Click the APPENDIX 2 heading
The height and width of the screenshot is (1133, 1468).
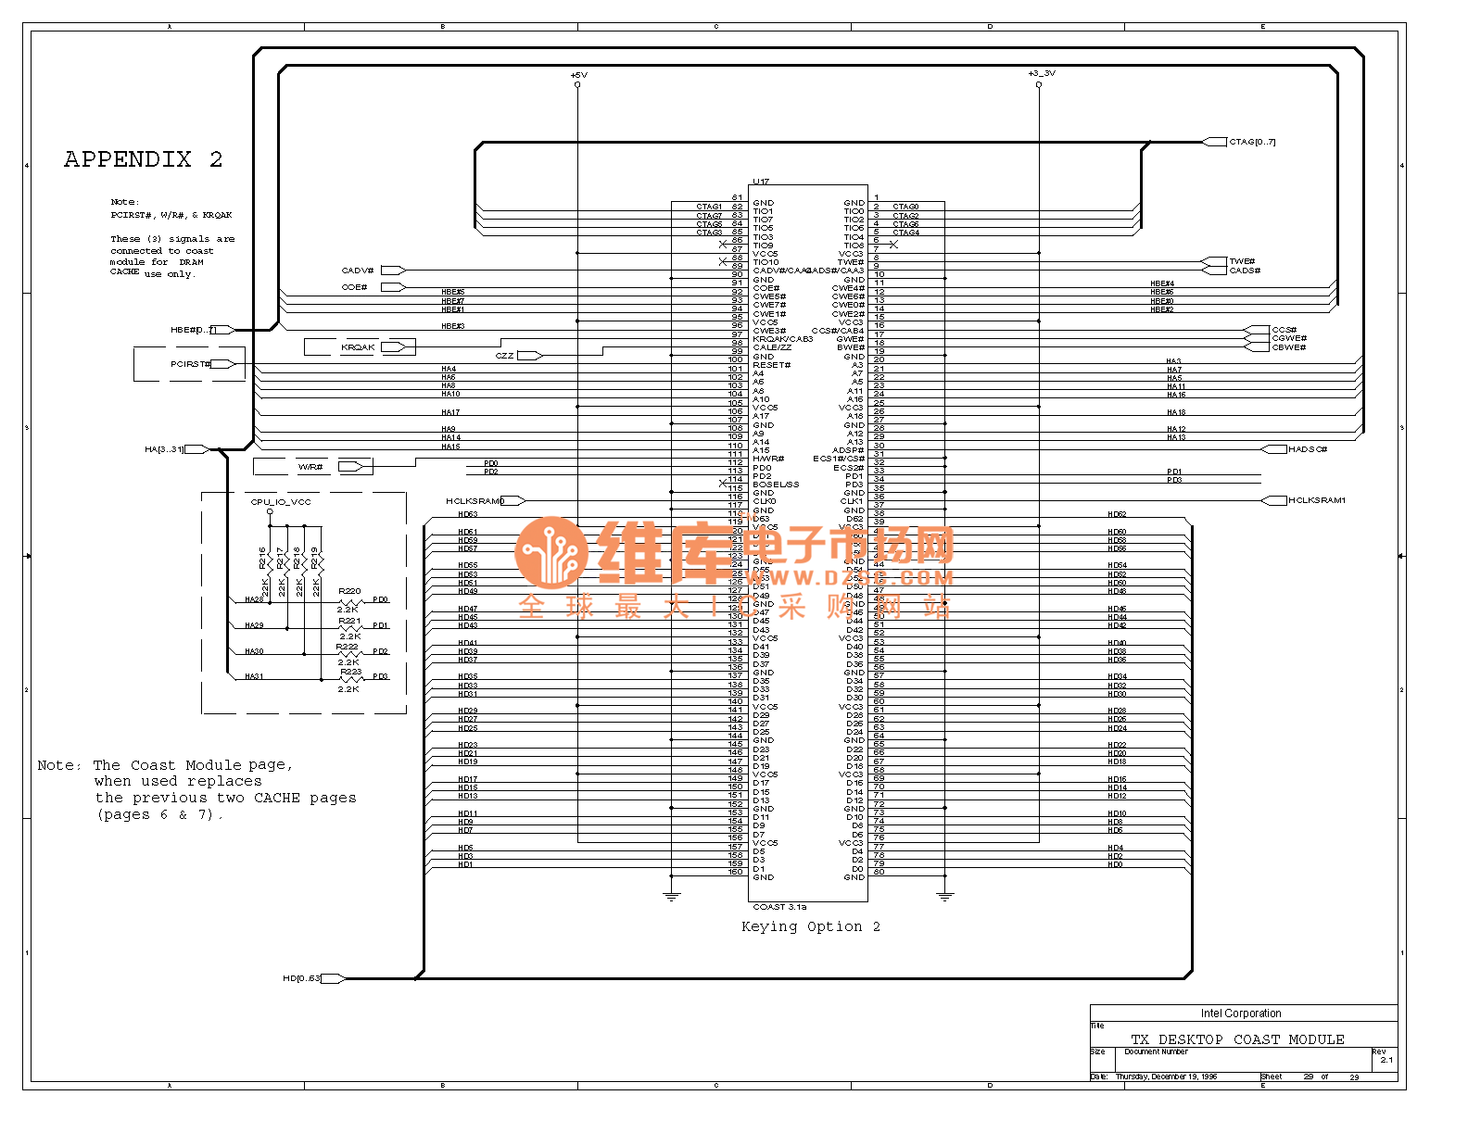pyautogui.click(x=143, y=159)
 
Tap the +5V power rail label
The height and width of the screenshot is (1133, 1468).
pyautogui.click(x=577, y=75)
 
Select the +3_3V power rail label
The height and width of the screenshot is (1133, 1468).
pyautogui.click(x=1041, y=73)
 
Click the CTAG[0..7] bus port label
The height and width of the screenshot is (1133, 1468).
pyautogui.click(x=1252, y=142)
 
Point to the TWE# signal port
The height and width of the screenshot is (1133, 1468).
pyautogui.click(x=1241, y=261)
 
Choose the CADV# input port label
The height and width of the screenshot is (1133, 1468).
pyautogui.click(x=358, y=271)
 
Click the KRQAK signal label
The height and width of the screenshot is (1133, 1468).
pyautogui.click(x=358, y=347)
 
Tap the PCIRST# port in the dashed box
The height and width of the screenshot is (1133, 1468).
pyautogui.click(x=190, y=364)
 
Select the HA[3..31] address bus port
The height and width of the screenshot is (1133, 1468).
pyautogui.click(x=164, y=449)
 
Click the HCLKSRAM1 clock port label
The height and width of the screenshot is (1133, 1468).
pyautogui.click(x=1316, y=500)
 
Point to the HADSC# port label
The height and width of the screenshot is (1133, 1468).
pyautogui.click(x=1307, y=449)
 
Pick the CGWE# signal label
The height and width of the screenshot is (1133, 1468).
pyautogui.click(x=1288, y=338)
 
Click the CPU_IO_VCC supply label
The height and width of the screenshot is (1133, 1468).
pyautogui.click(x=281, y=502)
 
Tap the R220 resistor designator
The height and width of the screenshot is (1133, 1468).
pyautogui.click(x=349, y=591)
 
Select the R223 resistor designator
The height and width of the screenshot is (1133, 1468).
pyautogui.click(x=350, y=672)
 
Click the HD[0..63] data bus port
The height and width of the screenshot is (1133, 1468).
pyautogui.click(x=301, y=978)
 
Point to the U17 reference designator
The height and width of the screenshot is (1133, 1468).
pyautogui.click(x=761, y=182)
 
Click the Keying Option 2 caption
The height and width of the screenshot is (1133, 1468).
pyautogui.click(x=810, y=926)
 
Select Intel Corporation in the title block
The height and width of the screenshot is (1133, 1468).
pyautogui.click(x=1241, y=1013)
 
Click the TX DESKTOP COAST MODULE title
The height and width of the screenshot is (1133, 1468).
pyautogui.click(x=1237, y=1039)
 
